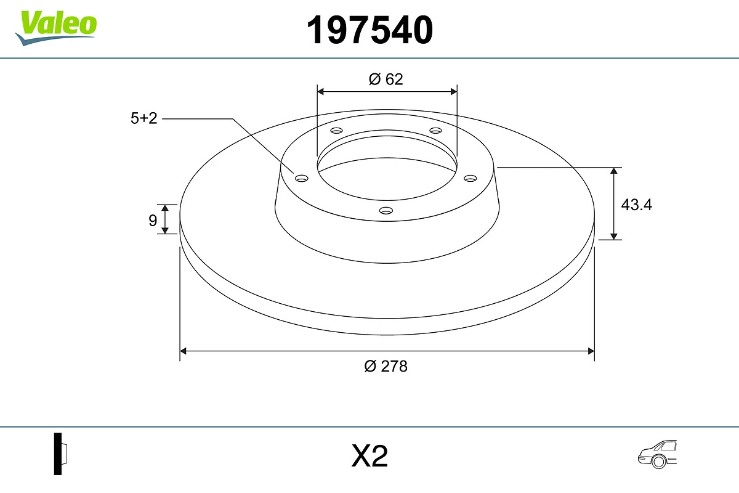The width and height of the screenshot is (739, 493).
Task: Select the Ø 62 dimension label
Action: click(386, 79)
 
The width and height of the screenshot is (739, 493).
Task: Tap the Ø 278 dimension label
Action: click(386, 366)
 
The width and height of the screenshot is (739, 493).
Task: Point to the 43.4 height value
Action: click(636, 205)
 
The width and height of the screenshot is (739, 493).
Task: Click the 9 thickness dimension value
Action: click(153, 220)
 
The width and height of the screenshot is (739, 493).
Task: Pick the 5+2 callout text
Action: click(144, 118)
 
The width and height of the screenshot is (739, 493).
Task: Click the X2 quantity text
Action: click(369, 457)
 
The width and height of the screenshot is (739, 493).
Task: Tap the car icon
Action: click(657, 454)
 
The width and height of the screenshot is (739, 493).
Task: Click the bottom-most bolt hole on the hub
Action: click(386, 211)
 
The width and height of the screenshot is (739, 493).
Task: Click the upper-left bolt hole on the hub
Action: click(336, 131)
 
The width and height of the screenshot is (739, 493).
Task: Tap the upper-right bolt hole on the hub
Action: click(436, 131)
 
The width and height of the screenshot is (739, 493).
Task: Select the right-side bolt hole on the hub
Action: click(470, 178)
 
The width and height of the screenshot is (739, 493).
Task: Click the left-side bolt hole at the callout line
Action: click(302, 178)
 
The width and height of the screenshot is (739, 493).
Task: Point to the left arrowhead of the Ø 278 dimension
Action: click(183, 351)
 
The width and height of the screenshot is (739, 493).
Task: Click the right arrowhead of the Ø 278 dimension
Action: click(591, 351)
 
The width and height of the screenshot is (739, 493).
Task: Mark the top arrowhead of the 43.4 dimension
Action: click(614, 171)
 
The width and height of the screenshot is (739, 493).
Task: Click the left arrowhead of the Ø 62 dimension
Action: click(320, 91)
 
